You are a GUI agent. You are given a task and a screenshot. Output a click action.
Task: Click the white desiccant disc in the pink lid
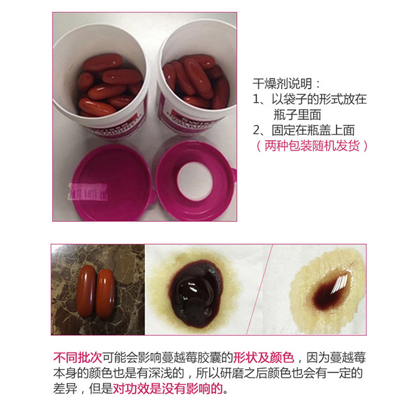pyautogui.click(x=195, y=181)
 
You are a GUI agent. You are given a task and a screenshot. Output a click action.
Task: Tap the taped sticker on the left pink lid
pyautogui.click(x=87, y=192)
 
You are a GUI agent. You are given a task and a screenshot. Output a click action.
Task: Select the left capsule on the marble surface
pyautogui.click(x=86, y=291)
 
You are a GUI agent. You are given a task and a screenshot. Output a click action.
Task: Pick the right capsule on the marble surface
pyautogui.click(x=105, y=294)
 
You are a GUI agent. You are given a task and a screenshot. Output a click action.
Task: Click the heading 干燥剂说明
pyautogui.click(x=282, y=83)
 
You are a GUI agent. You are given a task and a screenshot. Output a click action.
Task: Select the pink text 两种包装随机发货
pyautogui.click(x=312, y=146)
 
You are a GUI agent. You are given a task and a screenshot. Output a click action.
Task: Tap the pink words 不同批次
pyautogui.click(x=77, y=357)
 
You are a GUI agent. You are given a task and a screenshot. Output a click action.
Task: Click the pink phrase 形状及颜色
pyautogui.click(x=263, y=357)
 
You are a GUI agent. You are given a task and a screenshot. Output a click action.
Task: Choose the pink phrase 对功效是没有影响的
pyautogui.click(x=168, y=388)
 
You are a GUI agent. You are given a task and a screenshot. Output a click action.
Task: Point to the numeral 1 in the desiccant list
pyautogui.click(x=256, y=99)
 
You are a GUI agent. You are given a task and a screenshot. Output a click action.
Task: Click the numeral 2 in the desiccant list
pyautogui.click(x=256, y=130)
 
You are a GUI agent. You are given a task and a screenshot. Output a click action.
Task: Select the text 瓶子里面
pyautogui.click(x=297, y=114)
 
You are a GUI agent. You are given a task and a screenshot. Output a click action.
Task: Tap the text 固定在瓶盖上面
pyautogui.click(x=313, y=130)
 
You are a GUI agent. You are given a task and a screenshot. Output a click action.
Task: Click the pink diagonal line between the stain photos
pyautogui.click(x=259, y=290)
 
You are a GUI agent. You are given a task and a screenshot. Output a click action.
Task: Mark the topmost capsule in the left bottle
pyautogui.click(x=103, y=62)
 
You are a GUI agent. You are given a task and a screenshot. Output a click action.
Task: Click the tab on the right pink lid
pyautogui.click(x=233, y=174)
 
